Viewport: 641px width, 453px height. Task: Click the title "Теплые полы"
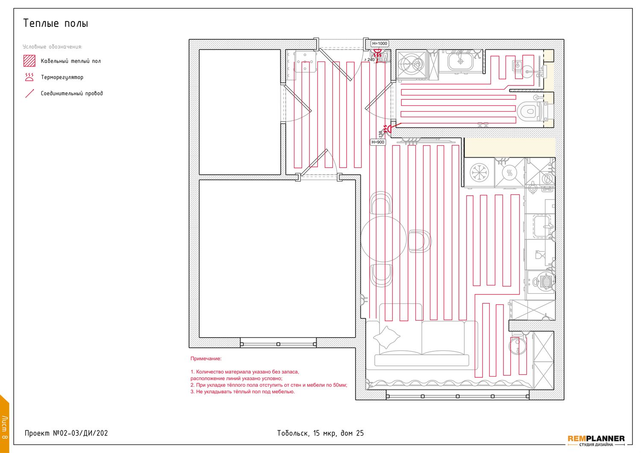click(x=56, y=23)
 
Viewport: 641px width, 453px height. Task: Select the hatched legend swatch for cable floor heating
click(x=29, y=61)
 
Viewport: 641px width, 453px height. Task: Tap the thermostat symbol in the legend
click(x=29, y=77)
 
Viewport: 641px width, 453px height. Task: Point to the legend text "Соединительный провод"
click(x=71, y=93)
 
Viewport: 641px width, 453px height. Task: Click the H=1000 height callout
click(x=379, y=44)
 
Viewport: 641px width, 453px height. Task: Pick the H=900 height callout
click(x=378, y=142)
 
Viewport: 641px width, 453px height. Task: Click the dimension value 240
click(x=371, y=59)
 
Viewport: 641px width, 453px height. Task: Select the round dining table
click(x=383, y=239)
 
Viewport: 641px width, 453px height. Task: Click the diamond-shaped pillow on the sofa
click(x=386, y=337)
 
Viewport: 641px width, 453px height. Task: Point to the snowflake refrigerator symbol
click(x=479, y=172)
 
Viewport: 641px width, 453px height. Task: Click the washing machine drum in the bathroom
click(x=411, y=65)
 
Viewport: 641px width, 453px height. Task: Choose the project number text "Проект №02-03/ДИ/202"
click(x=66, y=433)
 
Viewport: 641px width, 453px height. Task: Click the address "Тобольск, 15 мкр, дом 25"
click(x=320, y=433)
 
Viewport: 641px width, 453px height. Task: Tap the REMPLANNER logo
click(x=596, y=441)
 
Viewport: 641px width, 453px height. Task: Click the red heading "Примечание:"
click(x=206, y=359)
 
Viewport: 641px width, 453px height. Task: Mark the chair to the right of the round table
click(x=420, y=241)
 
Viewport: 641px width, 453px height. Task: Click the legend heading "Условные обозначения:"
click(x=53, y=47)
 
